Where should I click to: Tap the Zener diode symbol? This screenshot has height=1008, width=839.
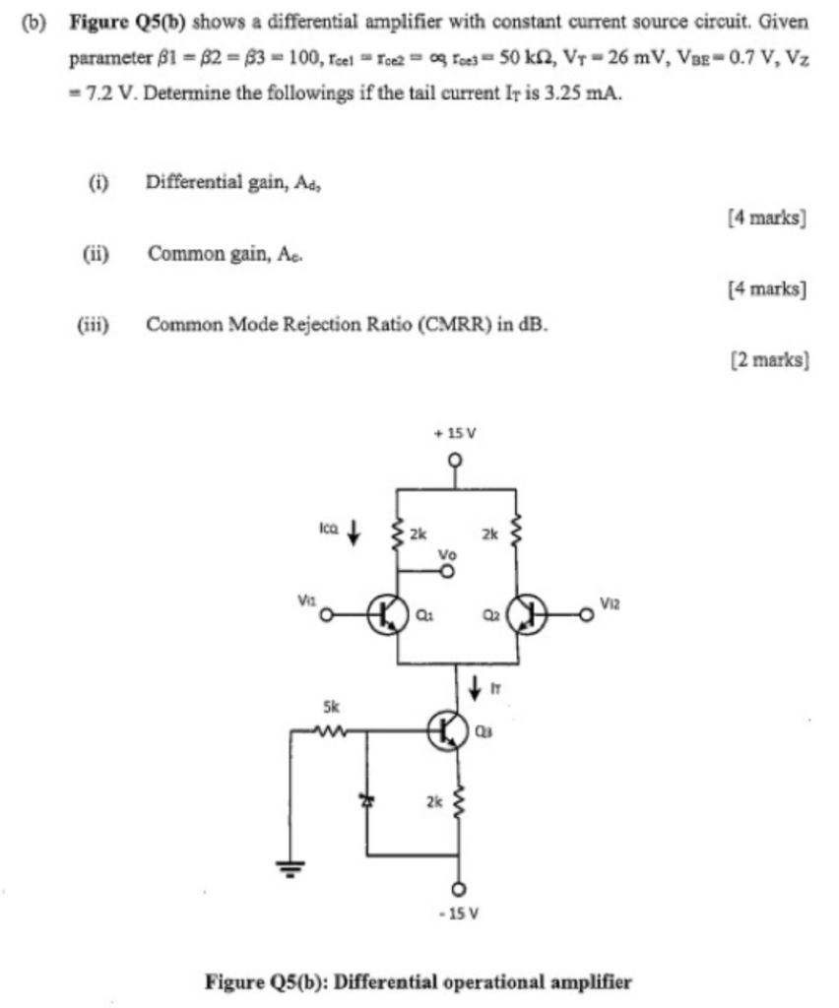click(368, 800)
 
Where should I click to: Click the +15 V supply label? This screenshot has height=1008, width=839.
click(455, 433)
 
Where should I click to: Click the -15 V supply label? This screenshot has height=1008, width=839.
click(456, 913)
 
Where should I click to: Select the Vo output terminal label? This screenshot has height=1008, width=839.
click(448, 555)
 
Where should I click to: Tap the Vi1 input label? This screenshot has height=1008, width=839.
click(306, 598)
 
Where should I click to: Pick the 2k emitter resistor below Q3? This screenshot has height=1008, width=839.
click(456, 802)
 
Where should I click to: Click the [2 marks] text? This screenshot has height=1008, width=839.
click(769, 360)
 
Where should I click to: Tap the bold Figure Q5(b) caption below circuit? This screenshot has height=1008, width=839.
click(419, 980)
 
